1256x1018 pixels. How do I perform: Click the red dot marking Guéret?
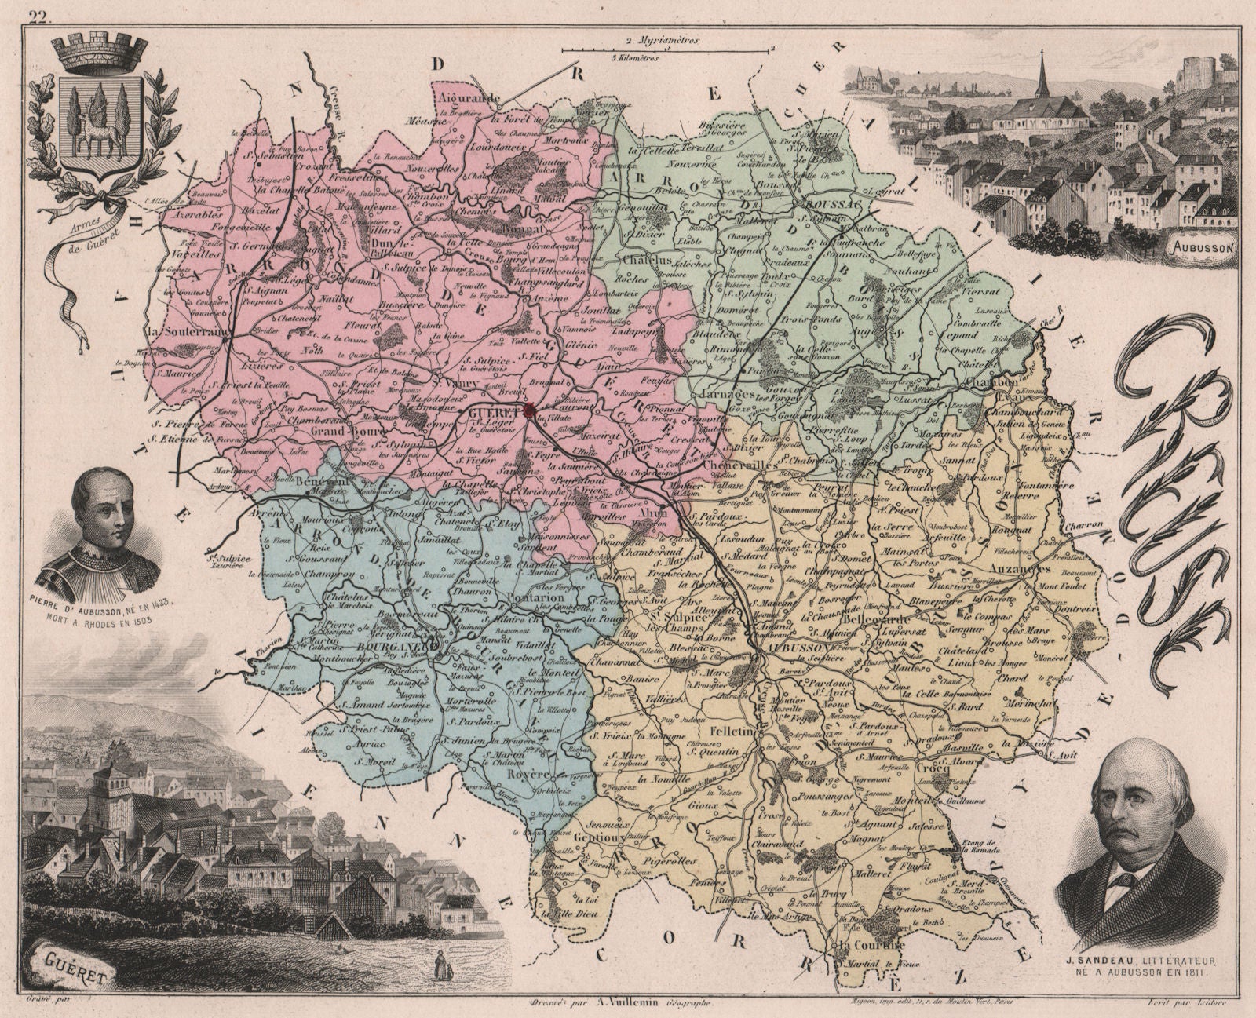(530, 409)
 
